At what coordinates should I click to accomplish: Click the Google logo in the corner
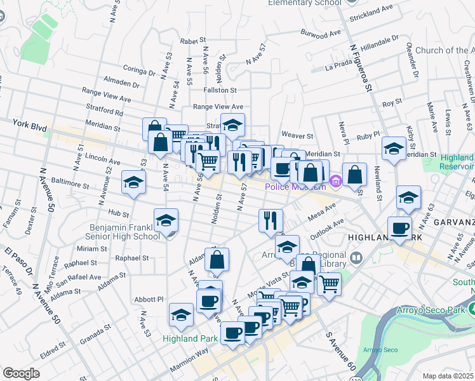coord(21,373)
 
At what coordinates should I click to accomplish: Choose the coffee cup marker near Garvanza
coord(399,229)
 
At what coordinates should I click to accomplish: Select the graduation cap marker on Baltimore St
coord(133,183)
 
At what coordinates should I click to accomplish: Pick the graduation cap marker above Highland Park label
coord(181,315)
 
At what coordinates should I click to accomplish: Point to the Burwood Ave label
coord(322,33)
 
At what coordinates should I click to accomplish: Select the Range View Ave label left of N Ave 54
coord(106,95)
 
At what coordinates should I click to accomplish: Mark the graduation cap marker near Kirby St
coord(394,149)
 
